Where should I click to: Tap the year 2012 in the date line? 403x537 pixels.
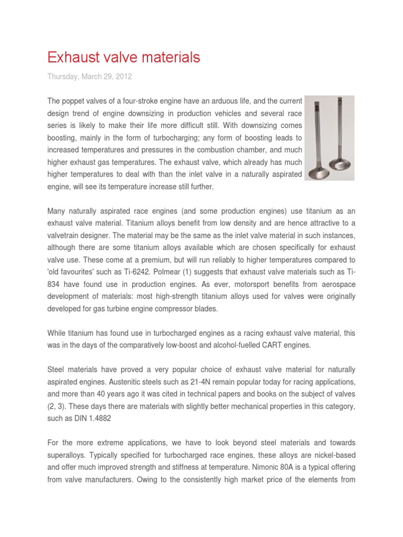coord(123,77)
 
